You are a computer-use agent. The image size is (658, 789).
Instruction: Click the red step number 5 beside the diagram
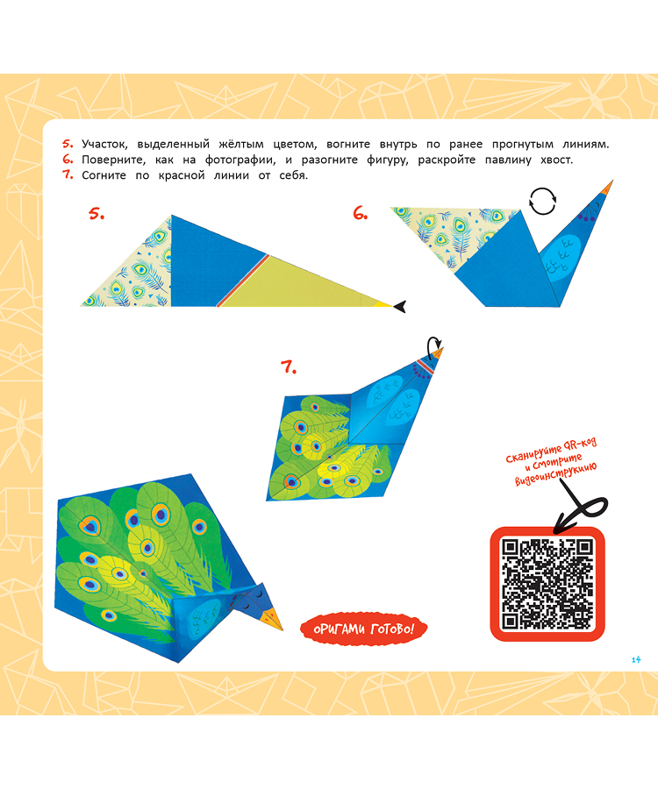(x=97, y=214)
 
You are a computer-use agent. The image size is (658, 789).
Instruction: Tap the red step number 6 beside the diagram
(x=361, y=214)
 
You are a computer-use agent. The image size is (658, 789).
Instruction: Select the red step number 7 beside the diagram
(x=289, y=367)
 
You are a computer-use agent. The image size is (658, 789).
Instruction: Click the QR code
(x=547, y=584)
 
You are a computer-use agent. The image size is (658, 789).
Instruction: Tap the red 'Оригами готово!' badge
(x=363, y=629)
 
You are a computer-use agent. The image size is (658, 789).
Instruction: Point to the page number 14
(x=636, y=659)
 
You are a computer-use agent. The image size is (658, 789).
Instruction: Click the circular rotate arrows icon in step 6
(x=543, y=202)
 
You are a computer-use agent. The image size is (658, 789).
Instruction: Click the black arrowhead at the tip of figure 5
(x=400, y=305)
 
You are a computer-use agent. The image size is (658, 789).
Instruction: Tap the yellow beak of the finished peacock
(x=275, y=618)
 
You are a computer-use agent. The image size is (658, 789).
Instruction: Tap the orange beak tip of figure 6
(x=607, y=188)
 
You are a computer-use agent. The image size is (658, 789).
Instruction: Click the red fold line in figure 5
(x=242, y=280)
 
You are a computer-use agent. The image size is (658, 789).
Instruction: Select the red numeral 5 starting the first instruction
(x=68, y=144)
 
